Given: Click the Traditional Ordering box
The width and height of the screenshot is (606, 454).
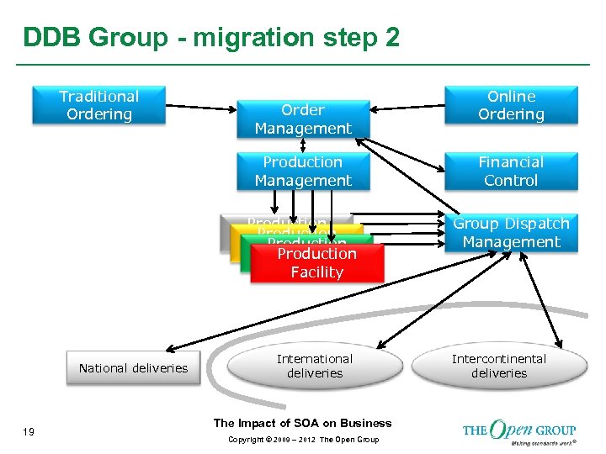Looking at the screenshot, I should click(x=99, y=105).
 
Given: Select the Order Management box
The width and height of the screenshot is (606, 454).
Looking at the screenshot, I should click(x=303, y=119).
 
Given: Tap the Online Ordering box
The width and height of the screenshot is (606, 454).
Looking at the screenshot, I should click(x=511, y=105).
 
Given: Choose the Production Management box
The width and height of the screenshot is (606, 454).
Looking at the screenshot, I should click(x=303, y=172).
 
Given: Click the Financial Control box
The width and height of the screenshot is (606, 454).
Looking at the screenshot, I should click(x=511, y=172).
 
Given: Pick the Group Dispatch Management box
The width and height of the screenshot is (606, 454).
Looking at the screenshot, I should click(x=511, y=233).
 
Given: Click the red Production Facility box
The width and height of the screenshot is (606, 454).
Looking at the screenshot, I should click(x=317, y=263).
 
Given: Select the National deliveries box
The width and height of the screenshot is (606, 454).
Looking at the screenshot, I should click(x=133, y=368).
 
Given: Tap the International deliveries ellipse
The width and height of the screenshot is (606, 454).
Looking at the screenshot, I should click(x=315, y=366).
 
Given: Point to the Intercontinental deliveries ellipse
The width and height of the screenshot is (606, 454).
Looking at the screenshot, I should click(x=498, y=366).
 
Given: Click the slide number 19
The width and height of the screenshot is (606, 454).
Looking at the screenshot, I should click(x=29, y=431).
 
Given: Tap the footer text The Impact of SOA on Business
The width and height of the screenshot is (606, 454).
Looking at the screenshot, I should click(x=302, y=423).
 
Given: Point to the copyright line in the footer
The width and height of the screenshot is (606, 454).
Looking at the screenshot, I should click(x=302, y=440).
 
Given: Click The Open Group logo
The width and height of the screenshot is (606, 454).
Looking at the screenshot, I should click(x=519, y=430).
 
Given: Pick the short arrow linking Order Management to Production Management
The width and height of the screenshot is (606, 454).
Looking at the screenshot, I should click(x=303, y=145).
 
